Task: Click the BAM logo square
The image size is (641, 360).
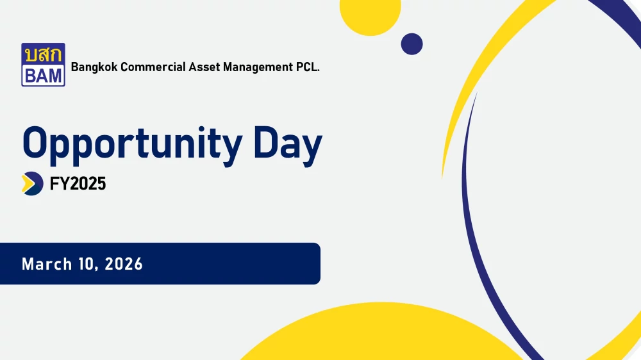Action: pyautogui.click(x=44, y=65)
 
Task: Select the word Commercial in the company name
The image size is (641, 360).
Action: pyautogui.click(x=153, y=67)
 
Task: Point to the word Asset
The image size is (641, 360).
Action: pyautogui.click(x=204, y=67)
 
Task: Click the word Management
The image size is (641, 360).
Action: pyautogui.click(x=258, y=67)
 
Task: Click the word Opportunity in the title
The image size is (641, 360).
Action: pyautogui.click(x=133, y=145)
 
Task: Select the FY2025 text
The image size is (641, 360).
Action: pyautogui.click(x=78, y=184)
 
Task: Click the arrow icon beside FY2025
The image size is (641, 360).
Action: pyautogui.click(x=32, y=183)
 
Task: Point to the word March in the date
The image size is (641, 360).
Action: pyautogui.click(x=47, y=264)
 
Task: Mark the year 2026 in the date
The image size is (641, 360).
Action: pyautogui.click(x=124, y=264)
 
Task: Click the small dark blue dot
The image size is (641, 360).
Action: pyautogui.click(x=412, y=44)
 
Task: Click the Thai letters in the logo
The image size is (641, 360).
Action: pyautogui.click(x=44, y=54)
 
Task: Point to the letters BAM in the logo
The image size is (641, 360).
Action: pyautogui.click(x=44, y=76)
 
